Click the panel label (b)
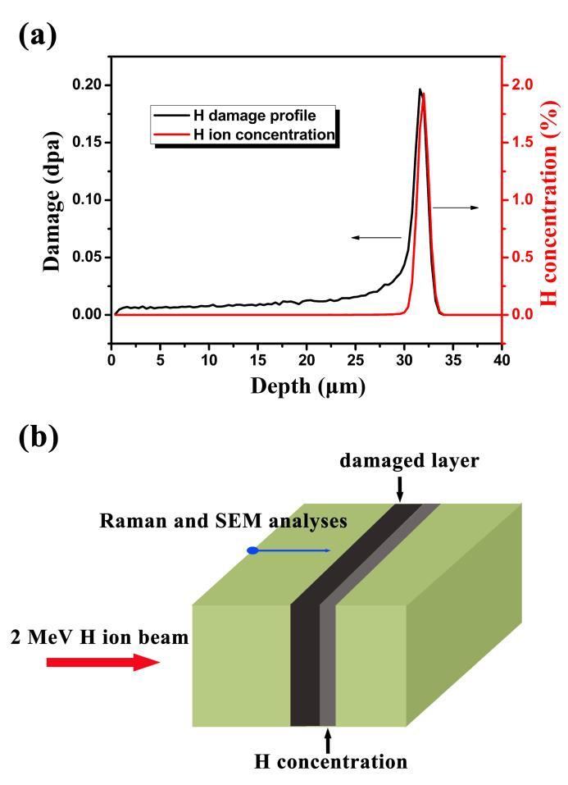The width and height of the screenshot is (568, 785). coord(34,437)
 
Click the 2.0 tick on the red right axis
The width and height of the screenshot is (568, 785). coord(523,84)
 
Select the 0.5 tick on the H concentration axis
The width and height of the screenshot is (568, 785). coord(523,257)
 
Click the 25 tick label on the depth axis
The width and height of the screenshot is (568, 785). coord(356,359)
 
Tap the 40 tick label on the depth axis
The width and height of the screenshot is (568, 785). coord(502,359)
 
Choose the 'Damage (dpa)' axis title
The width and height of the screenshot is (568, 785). coord(52,199)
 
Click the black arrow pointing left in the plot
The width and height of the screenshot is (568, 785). coord(376,238)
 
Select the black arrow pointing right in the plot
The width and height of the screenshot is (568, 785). coord(456,208)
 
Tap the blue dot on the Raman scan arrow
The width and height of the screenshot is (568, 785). coord(253,550)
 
